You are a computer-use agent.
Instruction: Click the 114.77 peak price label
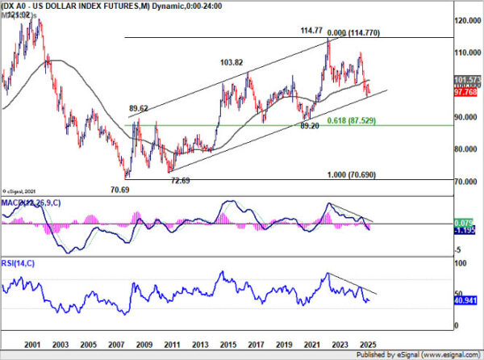[x=311, y=31]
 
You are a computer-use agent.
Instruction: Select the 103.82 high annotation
[x=232, y=62]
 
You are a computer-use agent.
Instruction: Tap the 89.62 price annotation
[x=140, y=107]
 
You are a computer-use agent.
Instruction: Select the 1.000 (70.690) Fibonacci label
[x=353, y=175]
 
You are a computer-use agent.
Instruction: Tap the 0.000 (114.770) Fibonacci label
[x=352, y=31]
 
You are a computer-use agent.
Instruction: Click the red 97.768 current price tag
[x=462, y=91]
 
